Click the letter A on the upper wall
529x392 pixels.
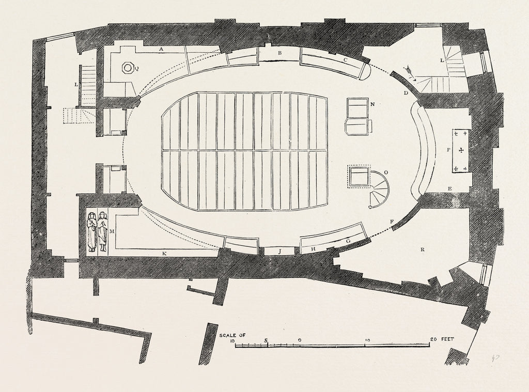click(x=161, y=49)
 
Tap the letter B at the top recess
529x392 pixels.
click(x=279, y=53)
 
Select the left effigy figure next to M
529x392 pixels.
click(x=92, y=231)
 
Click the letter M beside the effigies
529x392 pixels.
click(x=111, y=231)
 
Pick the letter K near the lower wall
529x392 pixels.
click(x=165, y=253)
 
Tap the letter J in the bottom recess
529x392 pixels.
click(x=279, y=252)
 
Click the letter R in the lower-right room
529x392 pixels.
click(x=423, y=249)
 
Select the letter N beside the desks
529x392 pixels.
click(x=372, y=104)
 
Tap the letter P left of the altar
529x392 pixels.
click(x=448, y=150)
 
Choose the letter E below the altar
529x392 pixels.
click(x=449, y=189)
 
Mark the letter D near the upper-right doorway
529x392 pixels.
click(x=406, y=93)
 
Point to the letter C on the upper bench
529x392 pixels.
click(x=345, y=60)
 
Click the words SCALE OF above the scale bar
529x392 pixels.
click(x=232, y=335)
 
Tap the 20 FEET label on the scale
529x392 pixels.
click(x=441, y=339)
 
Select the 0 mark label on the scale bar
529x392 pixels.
click(x=300, y=340)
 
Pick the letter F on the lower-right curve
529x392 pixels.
click(x=392, y=222)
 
